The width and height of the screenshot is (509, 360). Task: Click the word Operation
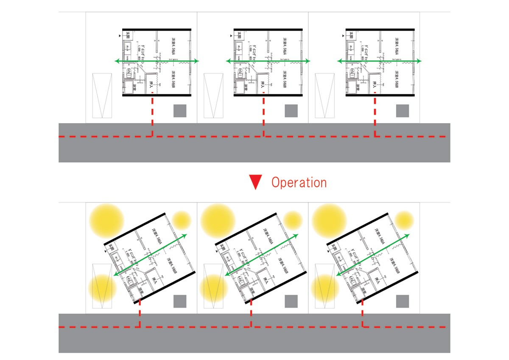[x=299, y=183]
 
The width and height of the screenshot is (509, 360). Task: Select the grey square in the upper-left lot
[x=180, y=111]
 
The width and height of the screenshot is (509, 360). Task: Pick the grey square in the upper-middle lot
[x=291, y=111]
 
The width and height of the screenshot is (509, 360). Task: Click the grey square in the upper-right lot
[x=403, y=111]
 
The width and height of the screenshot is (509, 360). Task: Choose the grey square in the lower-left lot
[x=180, y=301]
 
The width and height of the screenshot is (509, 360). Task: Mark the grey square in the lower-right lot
[x=403, y=301]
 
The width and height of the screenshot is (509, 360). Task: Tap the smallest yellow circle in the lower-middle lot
[x=292, y=220]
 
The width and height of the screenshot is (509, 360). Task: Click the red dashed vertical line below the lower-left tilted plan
[x=140, y=314]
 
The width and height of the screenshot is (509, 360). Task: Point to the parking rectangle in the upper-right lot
[x=324, y=96]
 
